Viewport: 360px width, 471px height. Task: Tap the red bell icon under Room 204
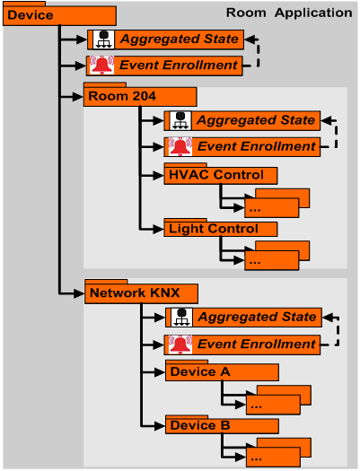point(180,146)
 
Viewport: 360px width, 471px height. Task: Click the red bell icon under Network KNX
point(180,344)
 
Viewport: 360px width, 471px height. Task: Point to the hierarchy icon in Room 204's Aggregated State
point(180,120)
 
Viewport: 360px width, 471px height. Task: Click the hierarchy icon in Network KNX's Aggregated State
point(180,318)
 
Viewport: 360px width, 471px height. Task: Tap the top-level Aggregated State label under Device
point(180,39)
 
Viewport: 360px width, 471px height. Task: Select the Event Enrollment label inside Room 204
point(257,146)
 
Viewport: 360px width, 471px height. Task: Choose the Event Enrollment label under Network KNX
point(257,344)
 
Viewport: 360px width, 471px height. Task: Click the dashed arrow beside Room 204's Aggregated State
point(335,132)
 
